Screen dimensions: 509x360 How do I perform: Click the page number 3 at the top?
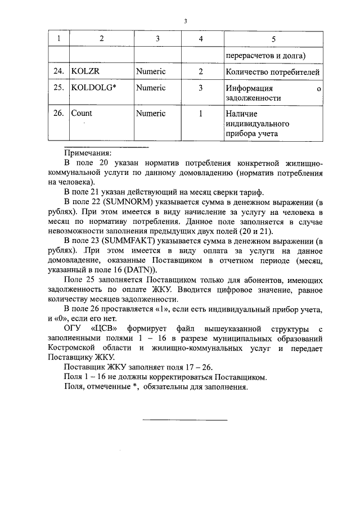coord(185,21)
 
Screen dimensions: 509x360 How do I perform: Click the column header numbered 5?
coord(273,39)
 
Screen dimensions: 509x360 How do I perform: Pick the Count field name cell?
coord(81,113)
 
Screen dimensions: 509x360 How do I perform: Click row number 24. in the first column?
coord(58,72)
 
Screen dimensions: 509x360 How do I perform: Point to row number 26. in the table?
coord(58,113)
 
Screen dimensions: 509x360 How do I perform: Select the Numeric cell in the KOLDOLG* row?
coord(151,88)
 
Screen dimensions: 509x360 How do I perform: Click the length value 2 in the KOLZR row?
coord(201,72)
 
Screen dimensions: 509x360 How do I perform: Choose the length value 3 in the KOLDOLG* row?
coord(201,88)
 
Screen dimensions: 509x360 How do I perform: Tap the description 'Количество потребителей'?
coord(273,72)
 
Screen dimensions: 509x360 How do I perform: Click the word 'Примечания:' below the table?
coord(88,152)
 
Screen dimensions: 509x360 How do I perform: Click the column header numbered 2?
coord(101,39)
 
